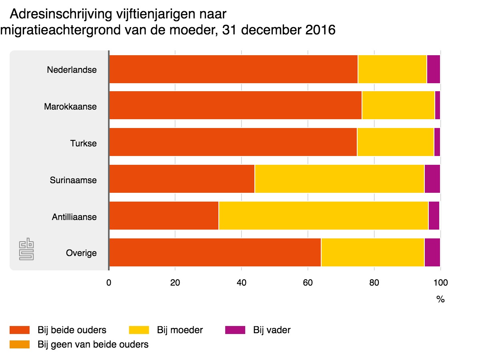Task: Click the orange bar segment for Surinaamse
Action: tap(182, 179)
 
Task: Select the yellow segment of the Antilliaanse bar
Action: tap(323, 216)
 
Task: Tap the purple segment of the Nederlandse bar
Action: tap(433, 69)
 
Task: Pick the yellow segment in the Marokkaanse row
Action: tap(398, 105)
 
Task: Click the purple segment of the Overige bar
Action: tap(432, 252)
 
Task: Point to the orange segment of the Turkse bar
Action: tap(233, 142)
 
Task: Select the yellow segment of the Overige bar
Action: tap(372, 252)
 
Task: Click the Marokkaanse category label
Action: tap(70, 107)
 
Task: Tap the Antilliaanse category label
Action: tap(74, 217)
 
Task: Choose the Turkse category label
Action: tap(84, 143)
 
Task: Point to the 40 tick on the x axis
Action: tap(241, 283)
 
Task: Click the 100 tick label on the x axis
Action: tap(440, 283)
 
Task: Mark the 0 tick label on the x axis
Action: tap(109, 283)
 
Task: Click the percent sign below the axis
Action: tap(440, 300)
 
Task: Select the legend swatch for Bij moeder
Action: tap(139, 330)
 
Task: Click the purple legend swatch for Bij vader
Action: tap(235, 330)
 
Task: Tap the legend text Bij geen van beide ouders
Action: tap(93, 344)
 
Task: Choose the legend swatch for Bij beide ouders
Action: tap(20, 330)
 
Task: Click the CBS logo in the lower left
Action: tap(26, 250)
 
